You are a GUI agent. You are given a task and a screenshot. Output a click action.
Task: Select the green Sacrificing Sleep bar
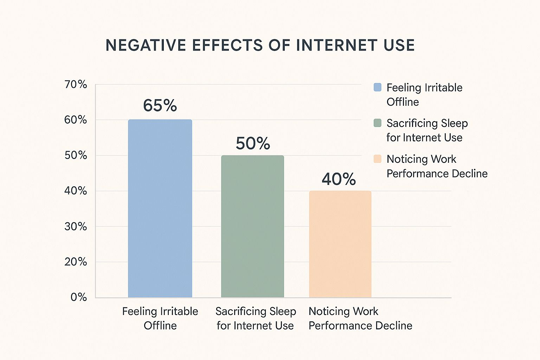click(252, 226)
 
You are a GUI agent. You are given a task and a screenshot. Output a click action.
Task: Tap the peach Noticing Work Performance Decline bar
click(340, 244)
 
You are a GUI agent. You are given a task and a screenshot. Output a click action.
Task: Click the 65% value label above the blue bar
click(160, 105)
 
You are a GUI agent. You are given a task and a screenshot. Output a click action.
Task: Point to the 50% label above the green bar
click(253, 143)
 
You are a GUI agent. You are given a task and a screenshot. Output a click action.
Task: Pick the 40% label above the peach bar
click(339, 179)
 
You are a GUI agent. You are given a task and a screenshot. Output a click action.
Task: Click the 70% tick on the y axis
click(76, 84)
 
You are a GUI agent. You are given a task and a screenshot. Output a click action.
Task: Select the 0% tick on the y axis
click(78, 297)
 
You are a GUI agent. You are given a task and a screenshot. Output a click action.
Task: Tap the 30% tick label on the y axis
click(76, 226)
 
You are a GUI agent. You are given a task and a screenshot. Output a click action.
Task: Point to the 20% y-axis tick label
click(76, 262)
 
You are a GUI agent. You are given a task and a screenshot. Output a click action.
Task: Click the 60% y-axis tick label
click(76, 120)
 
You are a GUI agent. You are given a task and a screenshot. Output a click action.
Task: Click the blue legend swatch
click(377, 87)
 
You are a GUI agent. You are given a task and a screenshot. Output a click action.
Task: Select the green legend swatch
click(377, 123)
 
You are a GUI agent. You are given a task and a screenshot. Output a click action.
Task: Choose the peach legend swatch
click(377, 159)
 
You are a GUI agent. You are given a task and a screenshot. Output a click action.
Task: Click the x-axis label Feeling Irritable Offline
click(160, 318)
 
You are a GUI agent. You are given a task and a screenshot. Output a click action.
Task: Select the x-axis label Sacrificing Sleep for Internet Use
click(256, 318)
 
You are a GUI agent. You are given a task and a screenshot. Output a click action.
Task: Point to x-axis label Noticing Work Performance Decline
click(360, 318)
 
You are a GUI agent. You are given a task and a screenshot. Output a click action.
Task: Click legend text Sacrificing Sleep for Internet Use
click(427, 130)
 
